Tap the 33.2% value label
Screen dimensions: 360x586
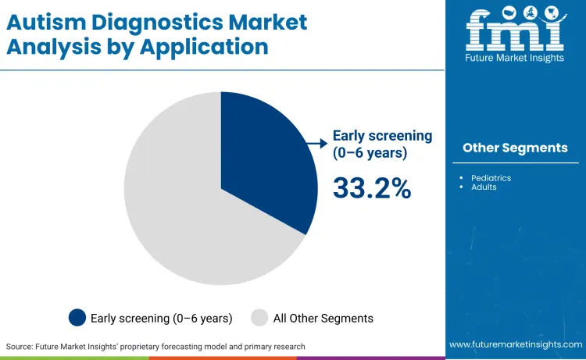[372, 188]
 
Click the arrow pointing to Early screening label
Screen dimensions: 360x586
[316, 143]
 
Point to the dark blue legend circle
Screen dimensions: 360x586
[77, 318]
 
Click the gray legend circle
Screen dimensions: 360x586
[259, 318]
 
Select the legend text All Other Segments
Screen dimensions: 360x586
[323, 318]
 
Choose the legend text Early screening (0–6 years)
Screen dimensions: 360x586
[161, 318]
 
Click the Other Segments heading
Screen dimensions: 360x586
[515, 148]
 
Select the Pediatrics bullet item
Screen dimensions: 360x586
[491, 178]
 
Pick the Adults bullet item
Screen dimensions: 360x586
[484, 187]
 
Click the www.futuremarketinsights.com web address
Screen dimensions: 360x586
[515, 344]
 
